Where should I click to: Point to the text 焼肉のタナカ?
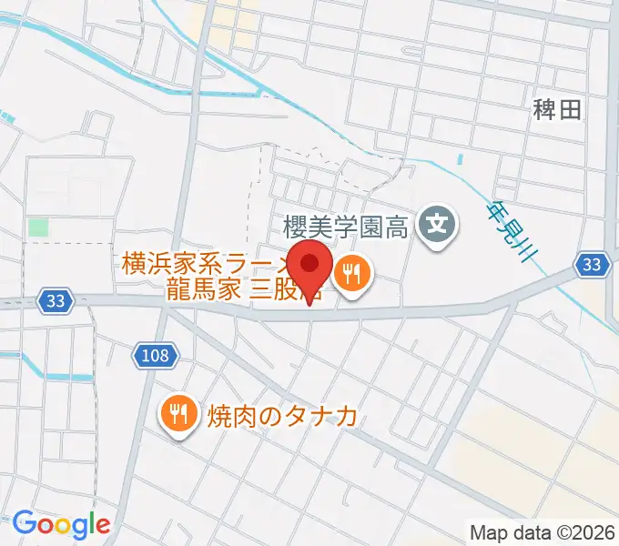coord(281,417)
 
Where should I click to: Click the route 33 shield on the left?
coord(56,301)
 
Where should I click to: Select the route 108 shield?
coord(156,355)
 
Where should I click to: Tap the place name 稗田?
coord(557,111)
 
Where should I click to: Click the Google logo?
coord(61,524)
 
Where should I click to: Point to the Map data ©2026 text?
coord(543,532)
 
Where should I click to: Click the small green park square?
coord(37,227)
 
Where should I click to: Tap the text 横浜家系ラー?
coord(204,267)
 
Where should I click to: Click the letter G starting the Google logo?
coord(25,524)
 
